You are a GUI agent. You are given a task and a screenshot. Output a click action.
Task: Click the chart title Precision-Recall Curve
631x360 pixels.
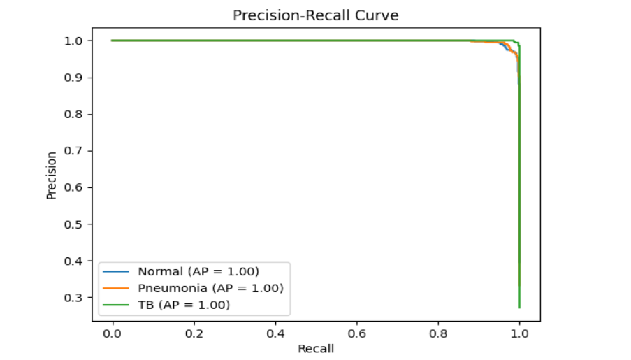point(316,15)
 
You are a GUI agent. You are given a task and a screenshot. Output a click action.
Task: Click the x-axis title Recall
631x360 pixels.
point(316,348)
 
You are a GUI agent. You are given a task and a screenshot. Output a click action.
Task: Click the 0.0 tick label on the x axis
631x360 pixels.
point(113,333)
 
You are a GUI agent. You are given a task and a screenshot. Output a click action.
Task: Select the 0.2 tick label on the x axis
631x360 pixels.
point(194,333)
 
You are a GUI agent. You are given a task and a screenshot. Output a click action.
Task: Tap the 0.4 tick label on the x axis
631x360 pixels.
point(275,333)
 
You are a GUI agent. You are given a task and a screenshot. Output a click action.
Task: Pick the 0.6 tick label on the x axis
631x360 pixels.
point(357,333)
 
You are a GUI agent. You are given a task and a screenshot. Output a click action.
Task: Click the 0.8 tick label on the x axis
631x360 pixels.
point(438,333)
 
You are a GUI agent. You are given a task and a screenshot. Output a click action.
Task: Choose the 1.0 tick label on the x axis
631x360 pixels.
point(520,333)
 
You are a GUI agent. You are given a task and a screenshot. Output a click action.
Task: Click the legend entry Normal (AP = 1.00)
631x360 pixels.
point(198,271)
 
